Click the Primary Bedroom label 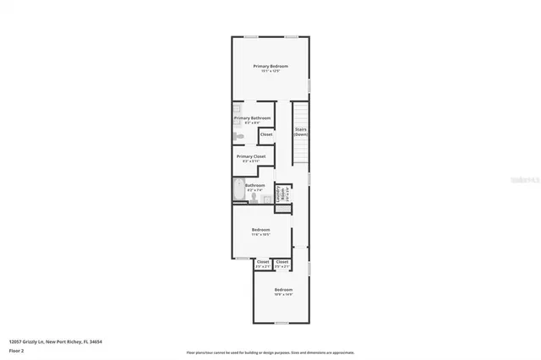point(271,66)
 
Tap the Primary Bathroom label point(252,118)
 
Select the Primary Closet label point(251,156)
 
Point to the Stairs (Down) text point(300,133)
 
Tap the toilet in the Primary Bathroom point(240,136)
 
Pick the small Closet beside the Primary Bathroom point(265,134)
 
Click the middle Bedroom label point(260,230)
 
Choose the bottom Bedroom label point(283,290)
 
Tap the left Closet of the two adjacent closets point(263,262)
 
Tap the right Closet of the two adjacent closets point(282,262)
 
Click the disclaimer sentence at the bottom point(270,352)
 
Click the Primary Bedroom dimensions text point(271,71)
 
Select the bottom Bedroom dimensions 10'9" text point(283,295)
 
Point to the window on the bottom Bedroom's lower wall point(281,323)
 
